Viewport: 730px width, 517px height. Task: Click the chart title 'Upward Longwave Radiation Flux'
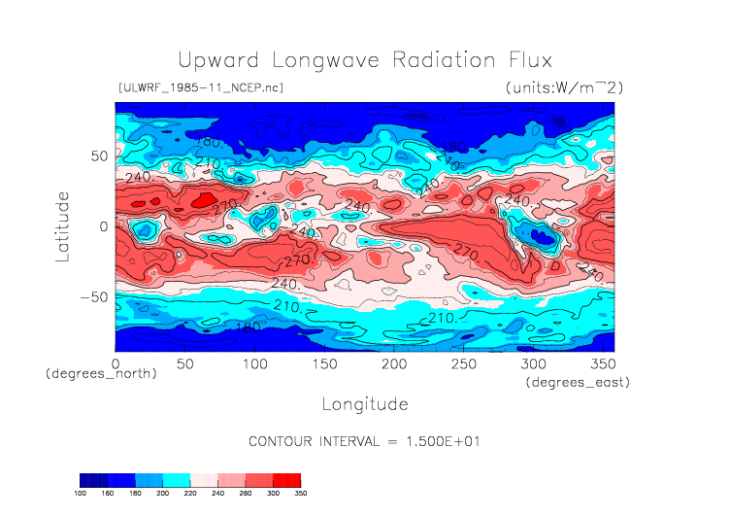pos(364,59)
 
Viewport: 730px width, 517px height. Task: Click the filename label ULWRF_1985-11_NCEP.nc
pos(200,88)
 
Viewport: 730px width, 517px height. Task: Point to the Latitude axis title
pos(63,225)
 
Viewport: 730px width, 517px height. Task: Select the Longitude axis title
pos(364,403)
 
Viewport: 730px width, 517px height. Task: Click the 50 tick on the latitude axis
pos(98,155)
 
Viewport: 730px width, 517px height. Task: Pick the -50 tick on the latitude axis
pos(94,296)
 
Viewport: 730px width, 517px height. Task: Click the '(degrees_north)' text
pos(101,373)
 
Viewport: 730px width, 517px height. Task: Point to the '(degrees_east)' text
pos(579,383)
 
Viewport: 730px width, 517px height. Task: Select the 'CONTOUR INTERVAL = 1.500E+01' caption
pos(365,441)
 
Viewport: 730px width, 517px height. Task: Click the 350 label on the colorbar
pos(301,494)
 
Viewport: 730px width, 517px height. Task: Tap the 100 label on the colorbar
pos(81,494)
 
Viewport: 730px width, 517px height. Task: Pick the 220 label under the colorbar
pos(190,494)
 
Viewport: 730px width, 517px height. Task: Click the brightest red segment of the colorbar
pos(286,480)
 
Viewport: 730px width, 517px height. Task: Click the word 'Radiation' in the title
pos(426,59)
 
